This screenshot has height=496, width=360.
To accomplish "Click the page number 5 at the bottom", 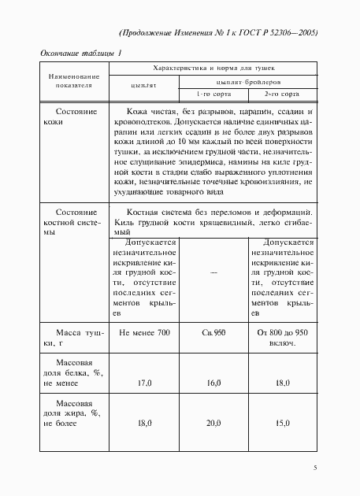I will pyautogui.click(x=314, y=468).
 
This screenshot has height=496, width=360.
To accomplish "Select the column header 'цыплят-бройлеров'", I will pyautogui.click(x=239, y=81).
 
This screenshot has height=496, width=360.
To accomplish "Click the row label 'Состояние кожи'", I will pyautogui.click(x=76, y=117).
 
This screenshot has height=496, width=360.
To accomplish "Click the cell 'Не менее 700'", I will pyautogui.click(x=144, y=334).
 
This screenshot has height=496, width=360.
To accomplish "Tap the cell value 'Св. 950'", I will pyautogui.click(x=214, y=334).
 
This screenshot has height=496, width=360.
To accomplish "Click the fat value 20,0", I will pyautogui.click(x=214, y=423).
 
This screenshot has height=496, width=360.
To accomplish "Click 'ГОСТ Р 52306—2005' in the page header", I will pyautogui.click(x=275, y=34).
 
